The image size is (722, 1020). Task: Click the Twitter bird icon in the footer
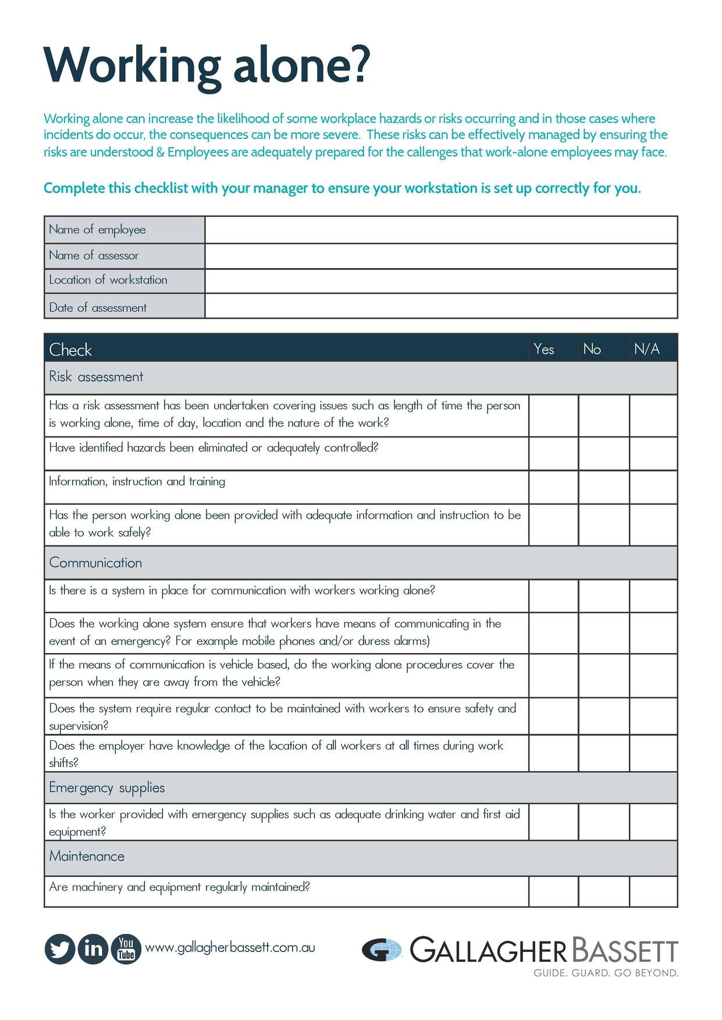click(x=60, y=948)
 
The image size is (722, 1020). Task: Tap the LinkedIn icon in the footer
click(x=93, y=948)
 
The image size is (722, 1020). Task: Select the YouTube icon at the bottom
click(x=126, y=948)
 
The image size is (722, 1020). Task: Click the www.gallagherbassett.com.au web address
click(x=230, y=947)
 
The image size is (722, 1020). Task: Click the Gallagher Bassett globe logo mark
click(x=382, y=950)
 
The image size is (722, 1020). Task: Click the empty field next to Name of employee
click(x=441, y=230)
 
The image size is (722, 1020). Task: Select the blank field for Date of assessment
click(x=441, y=306)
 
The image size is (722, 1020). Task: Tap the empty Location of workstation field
click(x=441, y=281)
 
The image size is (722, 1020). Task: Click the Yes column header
click(x=544, y=349)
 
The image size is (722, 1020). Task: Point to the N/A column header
click(x=647, y=349)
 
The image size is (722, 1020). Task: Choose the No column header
click(x=592, y=349)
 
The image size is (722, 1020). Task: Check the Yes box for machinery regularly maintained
click(x=553, y=891)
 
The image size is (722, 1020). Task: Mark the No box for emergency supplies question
click(x=604, y=822)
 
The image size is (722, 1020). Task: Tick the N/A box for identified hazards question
click(x=653, y=453)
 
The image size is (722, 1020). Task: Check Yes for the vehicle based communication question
click(x=553, y=675)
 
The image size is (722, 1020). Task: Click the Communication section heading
click(x=95, y=562)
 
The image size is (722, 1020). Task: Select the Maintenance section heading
click(x=87, y=856)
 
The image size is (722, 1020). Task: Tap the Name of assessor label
click(x=94, y=255)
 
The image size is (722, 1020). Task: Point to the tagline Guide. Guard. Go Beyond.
click(x=606, y=973)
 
